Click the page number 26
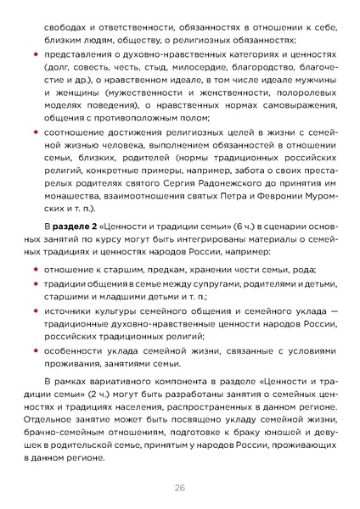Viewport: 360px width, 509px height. tap(180, 487)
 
